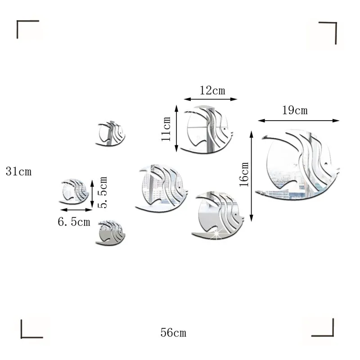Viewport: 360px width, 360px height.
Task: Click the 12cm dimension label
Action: point(212,90)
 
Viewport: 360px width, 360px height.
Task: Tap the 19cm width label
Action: point(295,110)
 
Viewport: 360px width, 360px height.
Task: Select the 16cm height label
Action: point(244,174)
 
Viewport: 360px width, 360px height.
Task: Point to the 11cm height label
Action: point(166,129)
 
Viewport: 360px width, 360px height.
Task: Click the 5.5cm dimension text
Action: point(103,193)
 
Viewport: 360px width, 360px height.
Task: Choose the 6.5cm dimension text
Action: point(74,222)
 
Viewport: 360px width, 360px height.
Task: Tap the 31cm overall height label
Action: point(18,171)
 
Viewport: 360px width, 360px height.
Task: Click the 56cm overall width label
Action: point(173,333)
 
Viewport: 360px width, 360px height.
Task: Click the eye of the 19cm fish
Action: point(325,164)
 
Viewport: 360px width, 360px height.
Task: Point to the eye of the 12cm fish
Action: point(224,129)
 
